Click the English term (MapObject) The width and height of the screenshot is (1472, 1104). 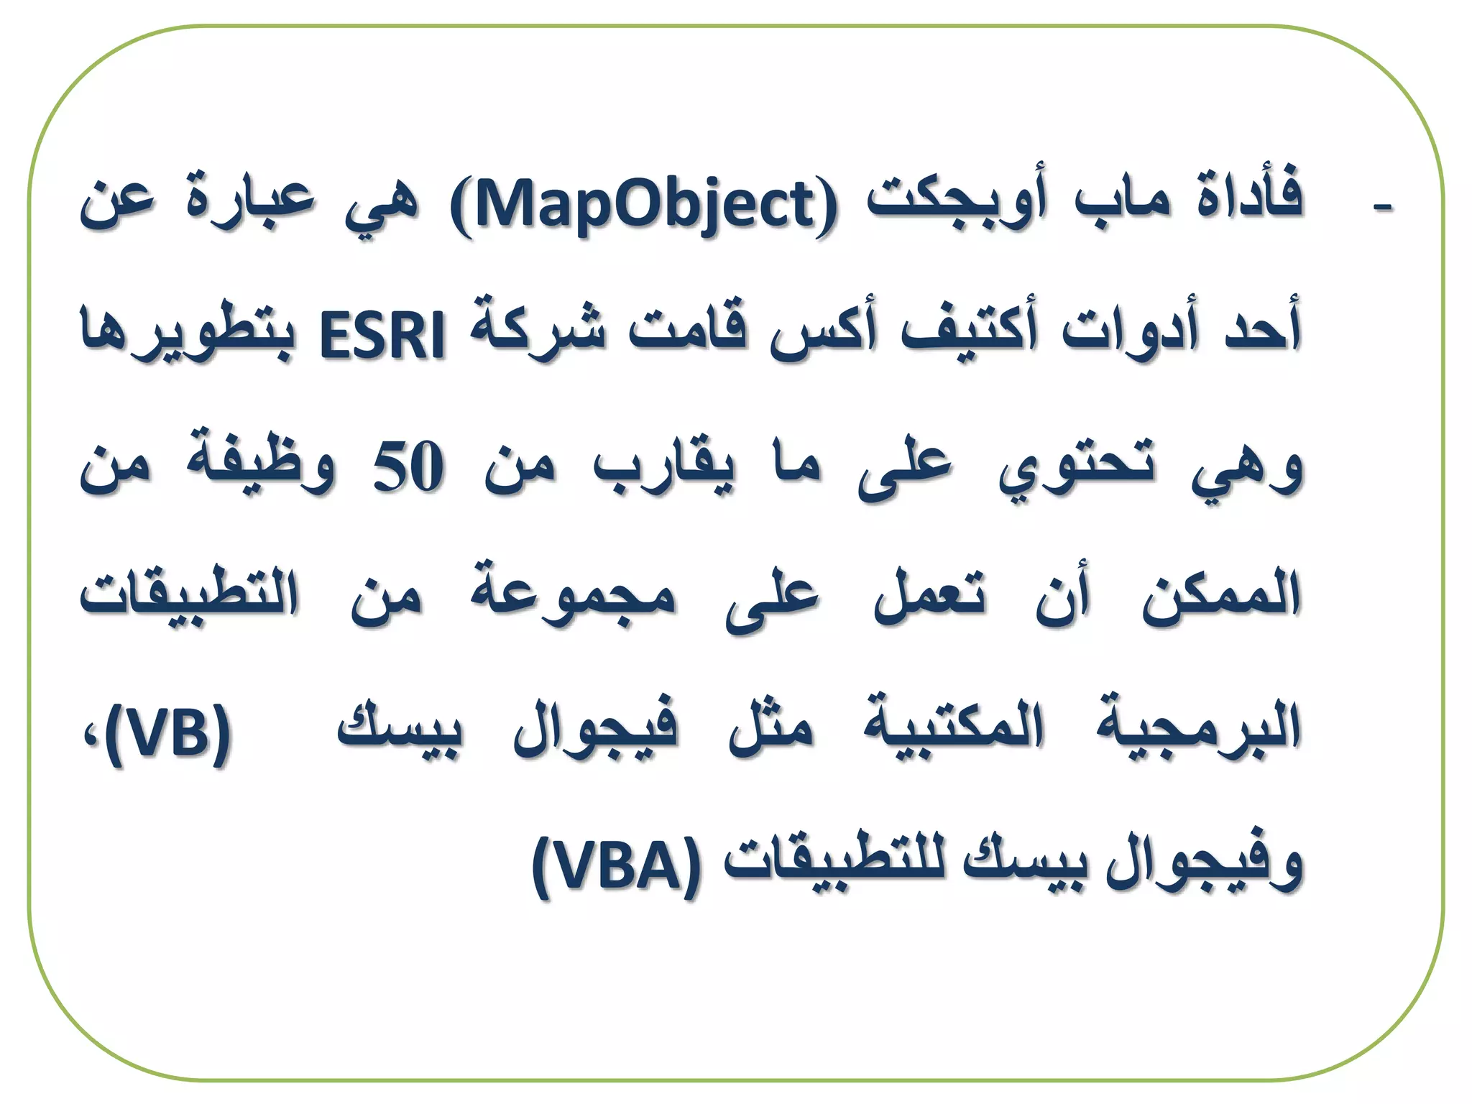pos(643,206)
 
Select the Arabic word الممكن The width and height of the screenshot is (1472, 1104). pos(1222,597)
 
